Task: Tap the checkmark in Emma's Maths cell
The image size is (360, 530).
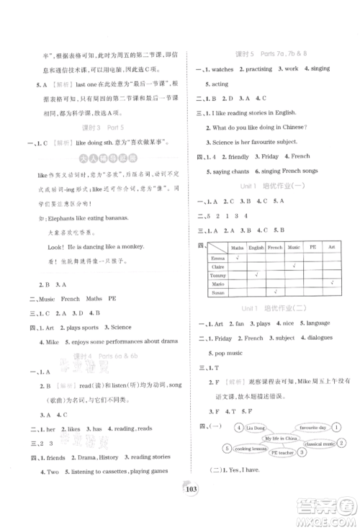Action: (x=235, y=257)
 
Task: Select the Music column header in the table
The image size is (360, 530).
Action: (x=293, y=248)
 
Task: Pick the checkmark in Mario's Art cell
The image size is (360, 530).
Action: (x=331, y=284)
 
